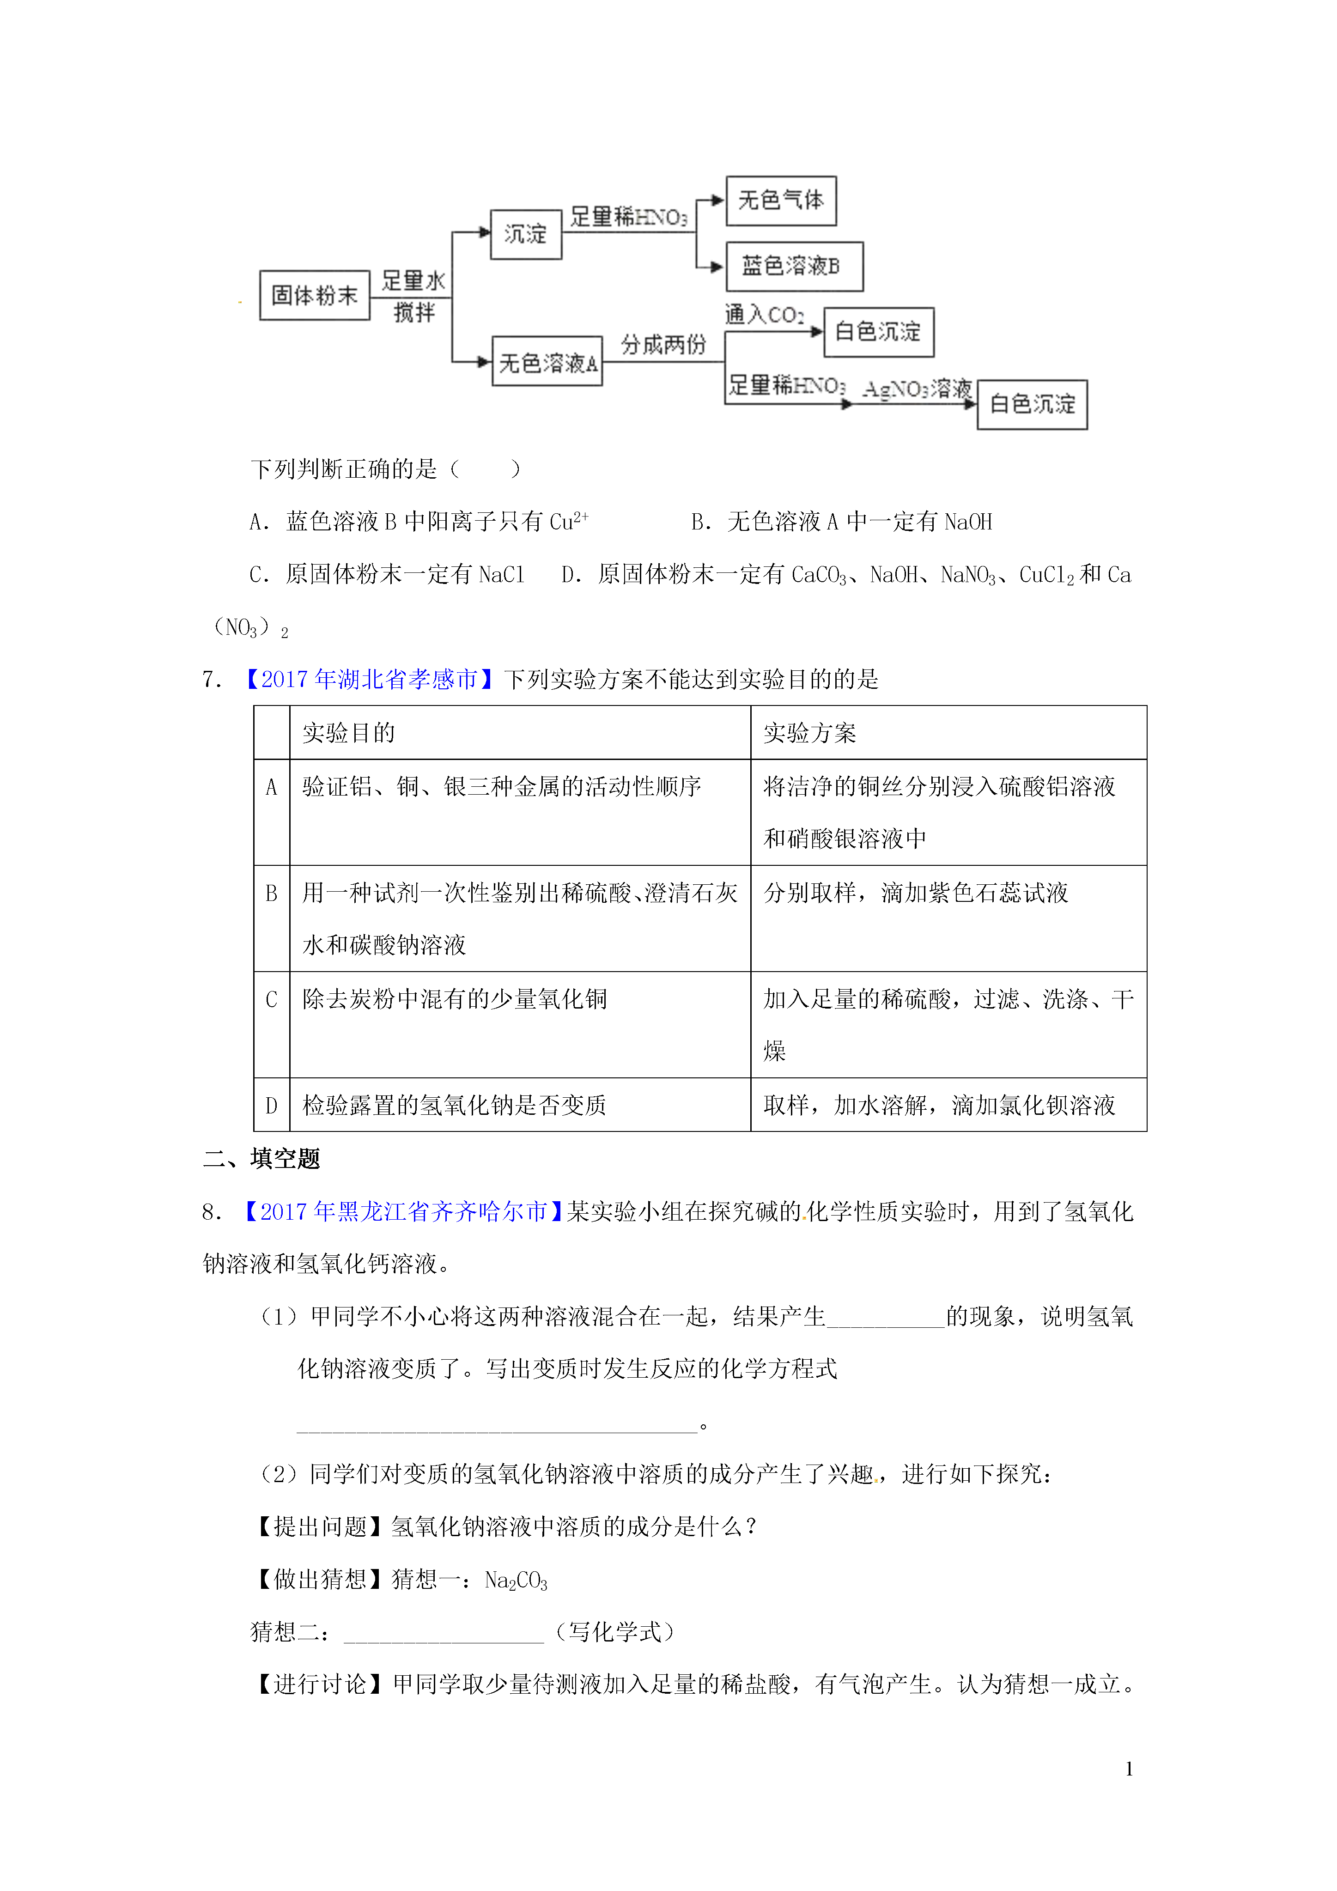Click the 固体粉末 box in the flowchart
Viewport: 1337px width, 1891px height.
(x=314, y=295)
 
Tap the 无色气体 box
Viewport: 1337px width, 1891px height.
(x=780, y=200)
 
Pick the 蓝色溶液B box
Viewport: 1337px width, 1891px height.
(x=793, y=266)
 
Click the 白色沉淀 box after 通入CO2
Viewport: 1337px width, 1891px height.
(x=878, y=332)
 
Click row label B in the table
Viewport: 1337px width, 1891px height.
(x=271, y=893)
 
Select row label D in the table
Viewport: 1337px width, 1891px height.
(x=271, y=1105)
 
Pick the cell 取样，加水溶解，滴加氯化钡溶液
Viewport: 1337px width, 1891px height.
(x=939, y=1105)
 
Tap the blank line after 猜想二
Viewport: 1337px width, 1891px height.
(x=443, y=1632)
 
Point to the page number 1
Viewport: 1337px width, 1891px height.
(x=1129, y=1768)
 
